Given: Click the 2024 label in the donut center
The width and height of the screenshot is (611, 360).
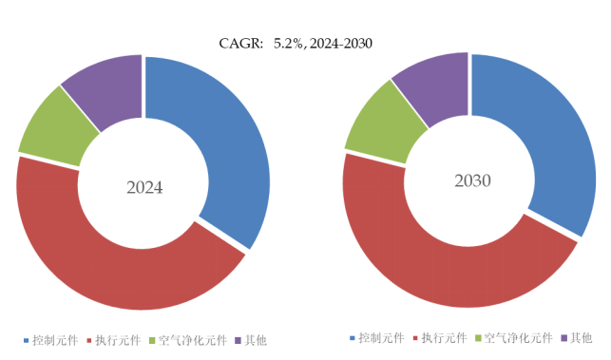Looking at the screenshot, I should [144, 187].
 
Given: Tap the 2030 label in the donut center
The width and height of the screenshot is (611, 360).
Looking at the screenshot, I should [471, 180].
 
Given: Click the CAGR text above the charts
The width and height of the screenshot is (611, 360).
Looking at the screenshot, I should [295, 43].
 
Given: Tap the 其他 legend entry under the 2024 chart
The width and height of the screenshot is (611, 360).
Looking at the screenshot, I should [256, 340].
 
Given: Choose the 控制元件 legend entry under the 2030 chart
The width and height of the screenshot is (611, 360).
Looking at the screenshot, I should [382, 338].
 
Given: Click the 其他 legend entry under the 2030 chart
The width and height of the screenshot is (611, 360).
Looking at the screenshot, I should [582, 338].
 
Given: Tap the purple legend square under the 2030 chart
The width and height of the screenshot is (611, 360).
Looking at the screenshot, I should [563, 338].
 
